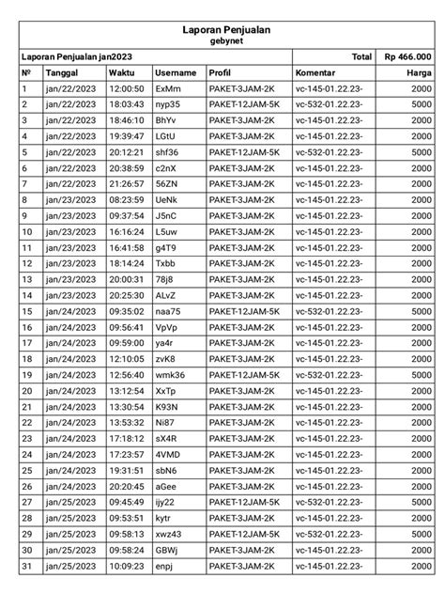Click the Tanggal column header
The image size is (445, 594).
point(62,72)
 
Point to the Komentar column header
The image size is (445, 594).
point(317,72)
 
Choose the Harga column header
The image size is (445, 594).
point(419,72)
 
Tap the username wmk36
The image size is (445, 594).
point(170,375)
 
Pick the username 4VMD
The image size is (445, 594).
point(167,454)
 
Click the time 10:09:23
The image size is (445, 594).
point(125,566)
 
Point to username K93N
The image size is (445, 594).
point(167,406)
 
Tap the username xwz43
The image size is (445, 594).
point(170,534)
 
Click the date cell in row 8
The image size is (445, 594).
point(70,199)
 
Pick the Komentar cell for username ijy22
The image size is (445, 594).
point(329,502)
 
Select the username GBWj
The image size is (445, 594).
point(167,550)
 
